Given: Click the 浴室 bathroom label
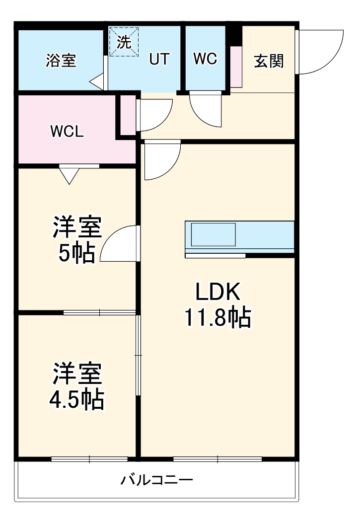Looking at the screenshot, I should (61, 60).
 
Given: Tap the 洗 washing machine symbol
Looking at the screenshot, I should (124, 42).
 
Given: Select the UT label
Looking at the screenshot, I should (159, 59).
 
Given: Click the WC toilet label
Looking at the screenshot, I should (205, 59).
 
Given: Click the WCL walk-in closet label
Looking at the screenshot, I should (67, 132).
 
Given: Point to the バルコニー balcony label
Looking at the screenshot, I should (156, 480).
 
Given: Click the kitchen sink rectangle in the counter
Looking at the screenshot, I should (213, 234).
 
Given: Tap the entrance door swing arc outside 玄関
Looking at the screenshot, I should (318, 52).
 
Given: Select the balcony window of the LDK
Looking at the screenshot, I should (217, 459).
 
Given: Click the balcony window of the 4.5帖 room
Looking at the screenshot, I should (89, 459).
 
